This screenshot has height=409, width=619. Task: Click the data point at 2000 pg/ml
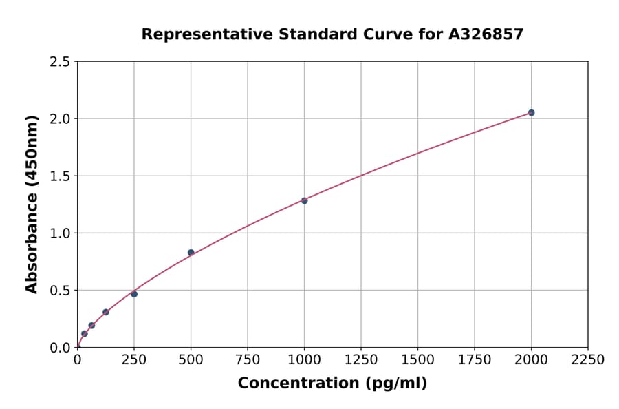click(x=531, y=112)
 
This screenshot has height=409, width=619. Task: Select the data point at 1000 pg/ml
click(x=304, y=200)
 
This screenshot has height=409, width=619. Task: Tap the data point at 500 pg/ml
click(x=191, y=253)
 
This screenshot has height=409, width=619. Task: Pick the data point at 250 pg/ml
click(x=134, y=294)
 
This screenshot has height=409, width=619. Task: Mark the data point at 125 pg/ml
click(x=106, y=312)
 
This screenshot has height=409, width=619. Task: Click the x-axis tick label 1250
click(x=361, y=359)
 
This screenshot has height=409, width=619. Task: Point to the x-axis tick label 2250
click(x=588, y=359)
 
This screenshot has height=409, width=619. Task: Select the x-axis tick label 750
click(x=248, y=359)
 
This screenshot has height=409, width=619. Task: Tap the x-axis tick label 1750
click(x=475, y=359)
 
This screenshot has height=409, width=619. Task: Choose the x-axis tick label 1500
click(x=417, y=359)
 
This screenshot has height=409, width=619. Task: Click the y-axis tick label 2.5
click(x=61, y=62)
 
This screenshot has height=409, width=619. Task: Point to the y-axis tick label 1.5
click(x=61, y=176)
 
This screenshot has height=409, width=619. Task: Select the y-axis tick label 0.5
click(x=61, y=291)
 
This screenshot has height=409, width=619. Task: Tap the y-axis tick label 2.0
click(x=61, y=119)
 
